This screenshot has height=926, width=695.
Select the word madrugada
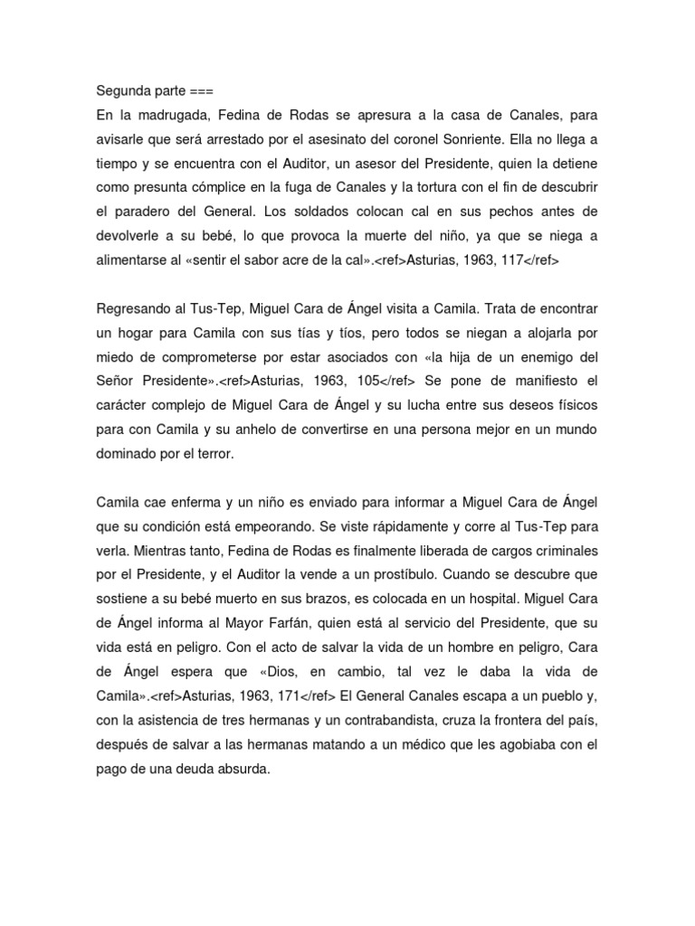(169, 116)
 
